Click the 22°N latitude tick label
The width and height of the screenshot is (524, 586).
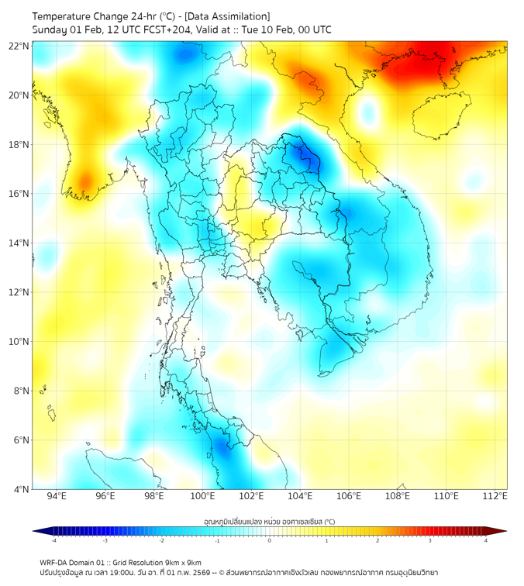[19, 47]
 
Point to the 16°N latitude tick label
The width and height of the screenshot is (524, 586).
[19, 194]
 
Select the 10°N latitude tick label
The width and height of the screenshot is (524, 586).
[19, 342]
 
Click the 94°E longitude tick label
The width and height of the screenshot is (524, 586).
[57, 496]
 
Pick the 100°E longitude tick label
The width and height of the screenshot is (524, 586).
[203, 496]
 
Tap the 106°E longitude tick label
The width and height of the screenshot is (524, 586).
[350, 496]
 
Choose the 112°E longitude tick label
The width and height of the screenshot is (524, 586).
[496, 496]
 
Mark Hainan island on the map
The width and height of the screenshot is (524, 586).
[441, 115]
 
